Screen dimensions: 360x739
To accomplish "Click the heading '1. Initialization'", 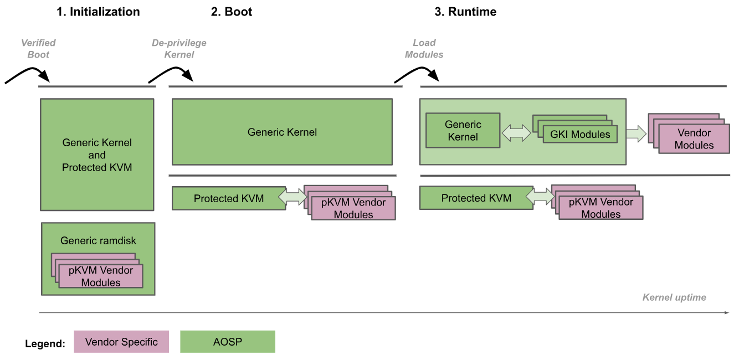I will tap(98, 12).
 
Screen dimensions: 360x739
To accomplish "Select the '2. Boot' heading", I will tap(231, 12).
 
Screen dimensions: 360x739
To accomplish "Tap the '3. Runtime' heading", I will tap(465, 12).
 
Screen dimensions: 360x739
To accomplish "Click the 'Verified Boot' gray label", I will tap(38, 49).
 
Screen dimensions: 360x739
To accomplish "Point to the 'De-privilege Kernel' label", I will tap(179, 49).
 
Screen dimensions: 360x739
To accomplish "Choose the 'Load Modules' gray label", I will tap(424, 49).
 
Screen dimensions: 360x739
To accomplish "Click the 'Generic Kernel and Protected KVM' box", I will tap(97, 155).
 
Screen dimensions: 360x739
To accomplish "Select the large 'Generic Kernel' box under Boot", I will tap(282, 132).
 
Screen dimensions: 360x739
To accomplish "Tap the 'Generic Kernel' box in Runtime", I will tap(463, 131).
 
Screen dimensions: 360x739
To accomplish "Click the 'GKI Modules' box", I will tap(579, 134).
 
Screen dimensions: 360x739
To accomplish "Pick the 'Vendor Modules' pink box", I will tap(694, 139).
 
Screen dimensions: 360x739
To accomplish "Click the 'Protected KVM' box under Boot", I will tap(228, 198).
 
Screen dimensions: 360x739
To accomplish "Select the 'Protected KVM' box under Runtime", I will tap(475, 198).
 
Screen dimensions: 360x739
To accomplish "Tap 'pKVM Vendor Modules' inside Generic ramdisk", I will tap(100, 276).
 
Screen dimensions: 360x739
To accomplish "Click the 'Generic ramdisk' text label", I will tap(98, 240).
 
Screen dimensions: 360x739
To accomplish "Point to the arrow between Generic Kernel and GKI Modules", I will tap(516, 132).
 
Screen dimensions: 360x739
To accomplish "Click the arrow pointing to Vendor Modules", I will tap(637, 133).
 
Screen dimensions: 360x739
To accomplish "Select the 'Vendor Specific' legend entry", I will tap(121, 342).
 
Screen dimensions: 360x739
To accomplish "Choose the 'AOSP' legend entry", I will tap(227, 342).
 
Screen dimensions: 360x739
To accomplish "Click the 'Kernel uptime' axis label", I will tap(674, 297).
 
